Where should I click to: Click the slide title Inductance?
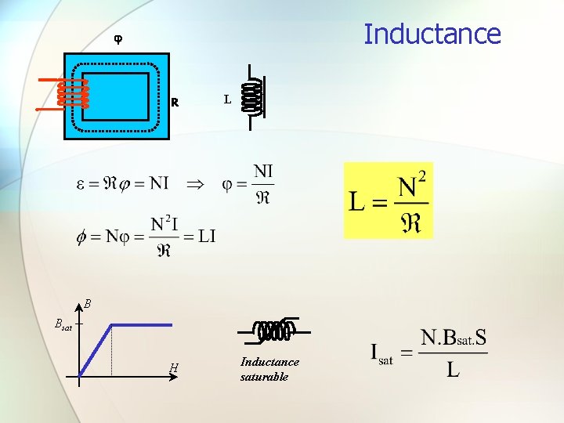432,34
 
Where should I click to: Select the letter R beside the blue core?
175,102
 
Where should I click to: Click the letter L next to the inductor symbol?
227,99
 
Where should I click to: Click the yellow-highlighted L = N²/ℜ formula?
389,201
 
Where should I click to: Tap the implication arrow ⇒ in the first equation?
193,184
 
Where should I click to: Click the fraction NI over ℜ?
263,183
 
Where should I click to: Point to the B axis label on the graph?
89,303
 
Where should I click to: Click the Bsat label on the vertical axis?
63,324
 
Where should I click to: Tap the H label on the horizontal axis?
173,368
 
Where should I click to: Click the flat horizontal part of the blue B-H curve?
141,324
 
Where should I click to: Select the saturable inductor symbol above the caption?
273,331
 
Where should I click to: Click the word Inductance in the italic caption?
269,362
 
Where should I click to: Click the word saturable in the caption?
264,377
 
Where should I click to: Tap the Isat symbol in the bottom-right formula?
381,353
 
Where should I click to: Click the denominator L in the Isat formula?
453,369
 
